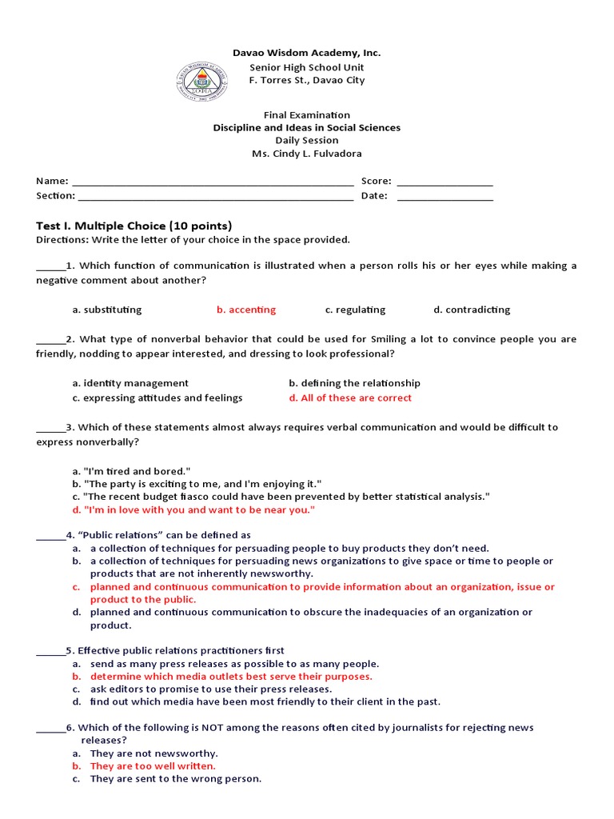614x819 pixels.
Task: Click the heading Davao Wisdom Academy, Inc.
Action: point(306,53)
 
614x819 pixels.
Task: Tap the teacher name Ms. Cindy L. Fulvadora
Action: point(306,154)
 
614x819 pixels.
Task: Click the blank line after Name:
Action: point(212,182)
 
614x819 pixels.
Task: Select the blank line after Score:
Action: point(445,182)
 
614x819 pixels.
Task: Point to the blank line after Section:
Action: point(215,196)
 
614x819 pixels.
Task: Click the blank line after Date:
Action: point(445,196)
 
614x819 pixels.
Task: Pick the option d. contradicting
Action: point(472,310)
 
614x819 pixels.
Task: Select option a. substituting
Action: point(106,310)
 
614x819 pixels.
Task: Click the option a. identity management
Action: point(130,383)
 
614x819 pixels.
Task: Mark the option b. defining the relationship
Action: point(354,383)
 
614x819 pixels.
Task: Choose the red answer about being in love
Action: point(193,509)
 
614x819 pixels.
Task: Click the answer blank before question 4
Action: point(50,535)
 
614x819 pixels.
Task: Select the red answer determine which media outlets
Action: point(230,676)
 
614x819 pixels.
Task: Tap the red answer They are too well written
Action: point(153,765)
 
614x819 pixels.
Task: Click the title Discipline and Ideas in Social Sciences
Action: point(306,128)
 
